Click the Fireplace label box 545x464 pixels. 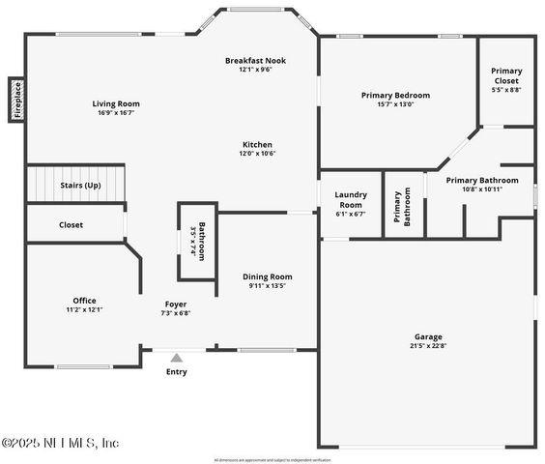coord(16,100)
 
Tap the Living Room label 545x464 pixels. coord(116,103)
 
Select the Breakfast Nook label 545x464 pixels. coord(255,60)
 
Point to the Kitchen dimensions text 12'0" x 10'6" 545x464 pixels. coord(257,153)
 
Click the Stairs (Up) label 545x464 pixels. coord(80,185)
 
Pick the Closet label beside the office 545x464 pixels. coord(71,224)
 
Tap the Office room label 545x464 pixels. coord(84,301)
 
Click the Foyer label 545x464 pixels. coord(175,304)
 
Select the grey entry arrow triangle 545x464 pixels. coord(176,358)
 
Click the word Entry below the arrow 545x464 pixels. coord(176,372)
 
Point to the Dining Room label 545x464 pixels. coord(267,276)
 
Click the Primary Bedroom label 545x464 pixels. coord(395,95)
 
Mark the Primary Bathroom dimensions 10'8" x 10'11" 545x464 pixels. coord(482,188)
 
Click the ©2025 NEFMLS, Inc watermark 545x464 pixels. coord(60,443)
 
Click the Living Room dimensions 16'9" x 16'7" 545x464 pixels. coord(116,112)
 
